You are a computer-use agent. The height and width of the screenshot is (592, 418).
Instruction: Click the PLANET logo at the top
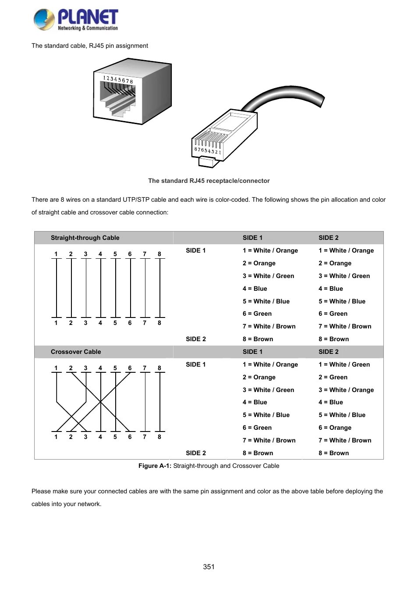click(x=76, y=20)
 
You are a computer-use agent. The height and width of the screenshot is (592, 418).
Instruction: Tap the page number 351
click(x=209, y=567)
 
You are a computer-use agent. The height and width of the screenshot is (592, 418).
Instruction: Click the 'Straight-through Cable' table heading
click(x=85, y=238)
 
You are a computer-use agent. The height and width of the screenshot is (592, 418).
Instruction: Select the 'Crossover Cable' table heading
click(x=76, y=352)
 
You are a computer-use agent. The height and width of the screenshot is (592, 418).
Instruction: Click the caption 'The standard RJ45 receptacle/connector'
click(x=209, y=181)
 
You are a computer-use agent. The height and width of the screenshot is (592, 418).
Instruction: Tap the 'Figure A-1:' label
click(x=155, y=466)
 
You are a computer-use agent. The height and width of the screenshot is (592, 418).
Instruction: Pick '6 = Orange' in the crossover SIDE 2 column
click(x=335, y=428)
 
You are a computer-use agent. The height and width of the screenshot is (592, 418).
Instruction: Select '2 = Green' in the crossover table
click(x=333, y=377)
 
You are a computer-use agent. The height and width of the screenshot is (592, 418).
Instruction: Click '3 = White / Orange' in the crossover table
click(x=346, y=390)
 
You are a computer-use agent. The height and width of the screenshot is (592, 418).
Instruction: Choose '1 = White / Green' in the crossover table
click(x=344, y=364)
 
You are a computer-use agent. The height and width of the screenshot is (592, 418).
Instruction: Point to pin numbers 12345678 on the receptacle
click(x=118, y=79)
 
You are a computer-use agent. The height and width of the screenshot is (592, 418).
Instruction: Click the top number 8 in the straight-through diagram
click(x=159, y=254)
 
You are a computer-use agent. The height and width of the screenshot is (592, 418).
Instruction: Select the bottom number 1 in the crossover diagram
click(x=56, y=437)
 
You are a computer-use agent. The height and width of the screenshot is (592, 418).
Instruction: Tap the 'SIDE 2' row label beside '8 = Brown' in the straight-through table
click(x=195, y=339)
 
